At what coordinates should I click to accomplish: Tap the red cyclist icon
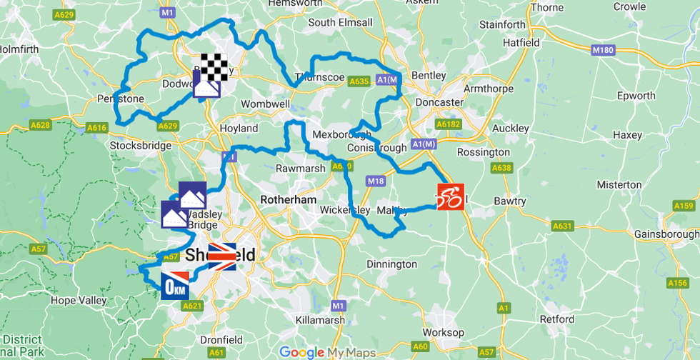click(x=450, y=197)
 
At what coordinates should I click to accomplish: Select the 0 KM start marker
click(x=174, y=286)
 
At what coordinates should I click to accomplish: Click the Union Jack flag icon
click(x=221, y=257)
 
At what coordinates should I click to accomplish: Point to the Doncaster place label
click(x=439, y=102)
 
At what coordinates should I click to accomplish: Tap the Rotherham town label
click(x=289, y=200)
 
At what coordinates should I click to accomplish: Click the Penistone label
click(x=121, y=99)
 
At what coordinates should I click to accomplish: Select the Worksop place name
click(x=443, y=333)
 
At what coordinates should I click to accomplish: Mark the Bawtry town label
click(x=510, y=201)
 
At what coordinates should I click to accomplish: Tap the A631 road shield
click(x=563, y=226)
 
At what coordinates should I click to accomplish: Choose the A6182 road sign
click(x=449, y=124)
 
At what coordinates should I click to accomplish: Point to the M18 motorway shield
click(x=376, y=181)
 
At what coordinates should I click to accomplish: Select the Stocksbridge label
click(x=141, y=146)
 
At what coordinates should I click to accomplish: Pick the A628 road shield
click(x=40, y=126)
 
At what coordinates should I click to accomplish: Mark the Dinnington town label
click(x=391, y=264)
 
